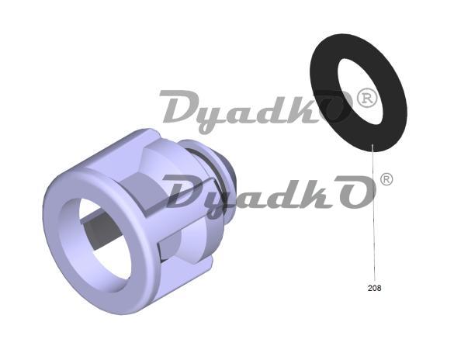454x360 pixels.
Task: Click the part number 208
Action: coord(374,288)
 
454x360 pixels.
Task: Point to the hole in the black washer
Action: coord(360,92)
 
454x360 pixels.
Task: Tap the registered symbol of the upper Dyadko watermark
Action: coord(367,98)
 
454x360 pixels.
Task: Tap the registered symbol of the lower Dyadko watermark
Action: coord(386,179)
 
